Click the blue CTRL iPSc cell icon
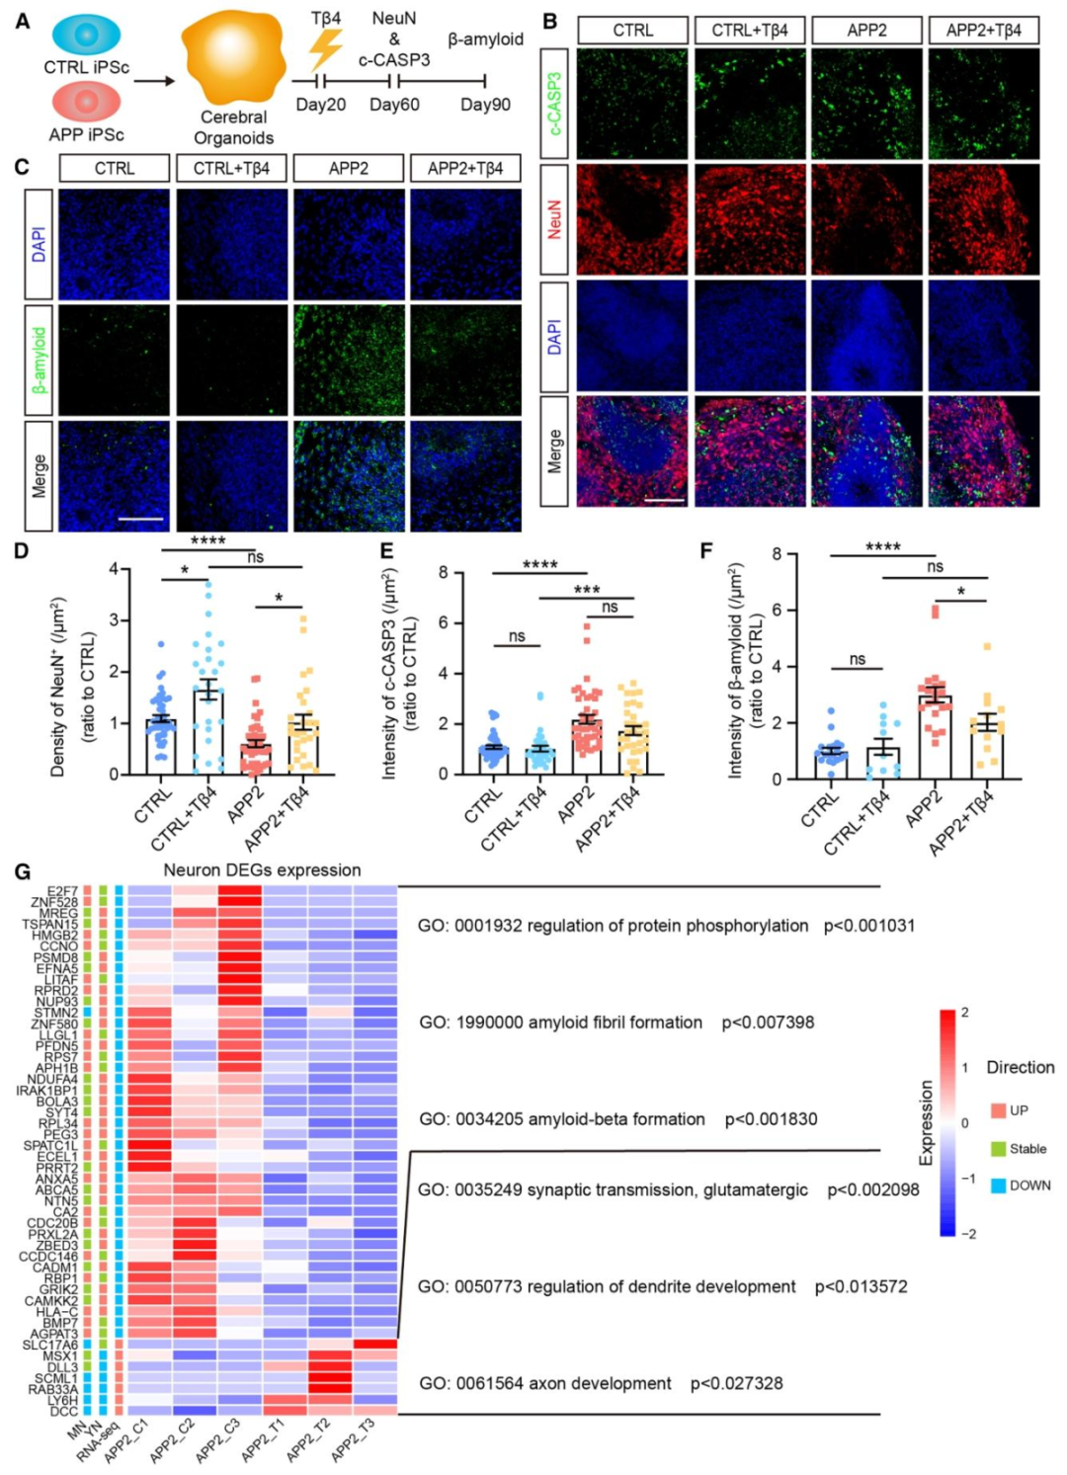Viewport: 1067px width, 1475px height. point(86,35)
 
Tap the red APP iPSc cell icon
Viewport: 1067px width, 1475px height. point(86,102)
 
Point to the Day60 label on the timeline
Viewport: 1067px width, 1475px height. point(394,105)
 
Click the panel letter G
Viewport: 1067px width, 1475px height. point(22,871)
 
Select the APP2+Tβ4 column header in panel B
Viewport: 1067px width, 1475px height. point(983,31)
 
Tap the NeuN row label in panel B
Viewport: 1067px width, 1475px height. point(554,219)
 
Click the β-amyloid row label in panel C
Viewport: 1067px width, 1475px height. point(39,361)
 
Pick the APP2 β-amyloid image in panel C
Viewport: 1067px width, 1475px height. point(349,361)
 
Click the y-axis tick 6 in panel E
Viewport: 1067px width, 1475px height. point(444,622)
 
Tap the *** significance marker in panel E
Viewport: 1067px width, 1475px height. point(587,590)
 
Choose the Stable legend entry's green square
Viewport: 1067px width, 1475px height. point(998,1149)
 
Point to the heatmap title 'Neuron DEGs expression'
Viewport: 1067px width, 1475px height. point(262,870)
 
